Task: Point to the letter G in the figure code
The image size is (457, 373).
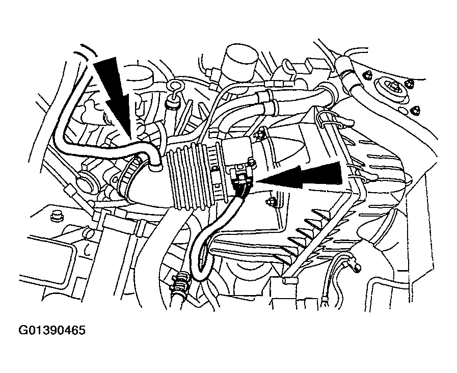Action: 23,331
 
